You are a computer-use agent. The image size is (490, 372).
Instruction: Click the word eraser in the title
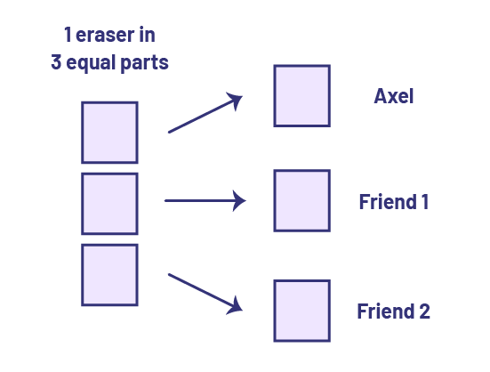click(x=103, y=35)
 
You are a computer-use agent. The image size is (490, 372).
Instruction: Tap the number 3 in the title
click(x=56, y=61)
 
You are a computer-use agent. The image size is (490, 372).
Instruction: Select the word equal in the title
click(x=91, y=63)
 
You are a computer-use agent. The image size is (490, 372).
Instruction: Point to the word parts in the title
click(x=144, y=63)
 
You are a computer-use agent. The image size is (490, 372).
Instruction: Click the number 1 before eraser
click(x=68, y=35)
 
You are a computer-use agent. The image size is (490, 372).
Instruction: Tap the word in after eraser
click(x=147, y=35)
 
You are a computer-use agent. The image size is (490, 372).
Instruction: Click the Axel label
click(x=394, y=96)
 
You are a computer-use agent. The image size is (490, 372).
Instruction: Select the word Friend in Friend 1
click(x=388, y=202)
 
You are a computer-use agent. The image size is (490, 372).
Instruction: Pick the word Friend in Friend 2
click(x=386, y=311)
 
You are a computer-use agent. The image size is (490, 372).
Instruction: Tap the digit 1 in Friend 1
click(x=425, y=202)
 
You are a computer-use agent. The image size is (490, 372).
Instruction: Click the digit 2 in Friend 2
click(x=425, y=311)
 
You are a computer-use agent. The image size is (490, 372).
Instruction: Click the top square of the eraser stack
click(x=109, y=133)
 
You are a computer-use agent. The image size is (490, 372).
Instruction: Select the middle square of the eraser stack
click(x=109, y=204)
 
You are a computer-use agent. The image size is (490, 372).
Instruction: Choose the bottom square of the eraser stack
click(x=109, y=275)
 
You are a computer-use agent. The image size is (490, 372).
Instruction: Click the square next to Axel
click(x=302, y=96)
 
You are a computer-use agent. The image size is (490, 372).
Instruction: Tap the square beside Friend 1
click(x=302, y=201)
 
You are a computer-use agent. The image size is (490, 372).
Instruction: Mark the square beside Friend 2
click(x=302, y=311)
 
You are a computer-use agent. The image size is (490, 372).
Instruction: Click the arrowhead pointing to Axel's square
click(x=236, y=100)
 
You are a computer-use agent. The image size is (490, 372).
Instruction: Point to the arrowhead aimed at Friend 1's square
click(x=239, y=201)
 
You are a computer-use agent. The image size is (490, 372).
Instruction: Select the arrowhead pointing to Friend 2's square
click(x=236, y=306)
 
